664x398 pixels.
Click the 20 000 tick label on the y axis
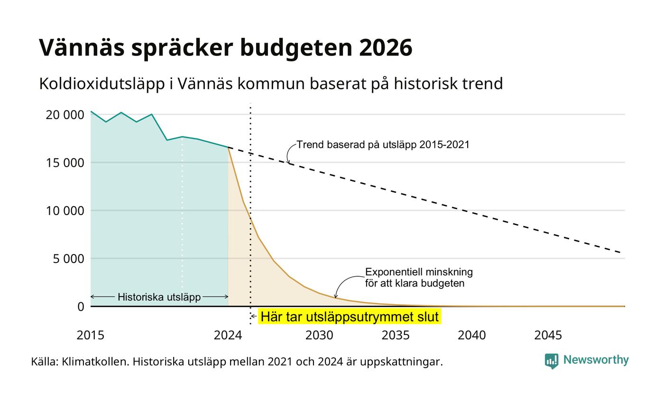pos(65,115)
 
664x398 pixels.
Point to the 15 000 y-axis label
pos(65,163)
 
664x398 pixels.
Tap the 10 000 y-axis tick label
pos(65,211)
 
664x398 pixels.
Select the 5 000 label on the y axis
pos(68,259)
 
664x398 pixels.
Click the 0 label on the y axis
pos(81,307)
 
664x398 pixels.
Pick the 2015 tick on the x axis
pos(91,335)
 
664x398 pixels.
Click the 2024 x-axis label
pos(228,335)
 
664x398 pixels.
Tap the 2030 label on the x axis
pos(319,335)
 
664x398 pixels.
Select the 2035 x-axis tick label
pos(396,335)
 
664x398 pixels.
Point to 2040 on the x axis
pos(472,335)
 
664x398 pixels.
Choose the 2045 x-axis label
pos(548,335)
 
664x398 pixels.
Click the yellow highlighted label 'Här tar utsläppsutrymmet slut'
pos(350,317)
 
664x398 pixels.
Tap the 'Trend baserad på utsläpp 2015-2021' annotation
pos(383,145)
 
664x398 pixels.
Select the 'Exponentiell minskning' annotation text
pos(419,272)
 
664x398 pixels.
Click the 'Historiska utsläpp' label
pos(159,297)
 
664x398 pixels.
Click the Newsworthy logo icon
pos(551,361)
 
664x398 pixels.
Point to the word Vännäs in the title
pos(82,47)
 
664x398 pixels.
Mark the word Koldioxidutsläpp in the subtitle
pos(102,84)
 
